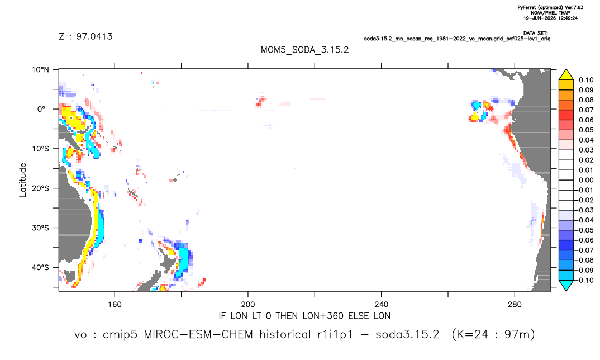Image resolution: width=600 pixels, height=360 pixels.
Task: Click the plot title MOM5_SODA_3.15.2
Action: coord(304,50)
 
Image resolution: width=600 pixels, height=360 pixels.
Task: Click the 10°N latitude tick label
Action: coord(40,69)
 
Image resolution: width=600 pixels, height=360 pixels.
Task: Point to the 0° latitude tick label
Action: coord(41,109)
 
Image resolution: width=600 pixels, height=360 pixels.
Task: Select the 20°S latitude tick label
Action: coord(40,188)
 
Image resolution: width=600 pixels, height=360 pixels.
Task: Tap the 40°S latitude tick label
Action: coord(40,267)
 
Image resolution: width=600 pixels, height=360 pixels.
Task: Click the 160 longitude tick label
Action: coord(115,305)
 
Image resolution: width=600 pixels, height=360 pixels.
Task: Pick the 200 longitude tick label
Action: coord(248,305)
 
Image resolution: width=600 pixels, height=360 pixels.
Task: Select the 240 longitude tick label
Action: coord(381,305)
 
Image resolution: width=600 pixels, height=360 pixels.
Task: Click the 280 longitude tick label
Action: coord(515,305)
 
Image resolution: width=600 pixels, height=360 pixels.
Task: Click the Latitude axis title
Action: coord(22,180)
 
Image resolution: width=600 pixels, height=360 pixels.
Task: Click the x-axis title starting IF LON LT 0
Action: coord(304,316)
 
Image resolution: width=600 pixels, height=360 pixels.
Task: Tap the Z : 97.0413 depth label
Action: coord(85,36)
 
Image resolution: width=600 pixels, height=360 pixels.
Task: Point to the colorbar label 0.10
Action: coord(586,80)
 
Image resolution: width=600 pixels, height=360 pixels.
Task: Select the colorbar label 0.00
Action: coord(586,180)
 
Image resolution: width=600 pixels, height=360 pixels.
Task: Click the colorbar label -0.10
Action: coord(584,280)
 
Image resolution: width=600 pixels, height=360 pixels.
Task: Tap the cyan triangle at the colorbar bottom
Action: coord(566,285)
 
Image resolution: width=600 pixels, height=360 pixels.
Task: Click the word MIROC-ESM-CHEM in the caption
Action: coord(198,335)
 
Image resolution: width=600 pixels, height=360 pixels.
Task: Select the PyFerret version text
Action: coord(550,7)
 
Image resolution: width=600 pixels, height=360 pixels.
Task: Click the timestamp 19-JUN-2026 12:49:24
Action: coord(550,18)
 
